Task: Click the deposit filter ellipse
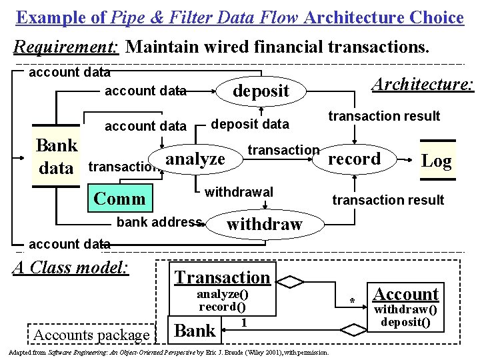pos(261,91)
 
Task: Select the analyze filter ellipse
pos(195,159)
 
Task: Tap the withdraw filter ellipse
pos(265,224)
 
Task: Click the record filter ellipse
pos(354,159)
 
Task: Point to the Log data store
pos(437,161)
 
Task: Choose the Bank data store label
pos(57,157)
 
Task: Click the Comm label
pos(120,198)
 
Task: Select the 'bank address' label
pos(159,222)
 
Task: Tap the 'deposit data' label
pos(250,124)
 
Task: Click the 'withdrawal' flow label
pos(239,192)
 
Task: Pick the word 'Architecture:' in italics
pos(422,84)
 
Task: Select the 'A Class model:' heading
pos(71,267)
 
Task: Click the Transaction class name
pos(222,277)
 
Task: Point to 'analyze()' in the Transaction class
pos(222,294)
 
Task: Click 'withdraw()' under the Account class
pos(405,309)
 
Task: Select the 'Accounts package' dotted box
pos(91,335)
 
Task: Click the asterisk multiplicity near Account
pos(353,301)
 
